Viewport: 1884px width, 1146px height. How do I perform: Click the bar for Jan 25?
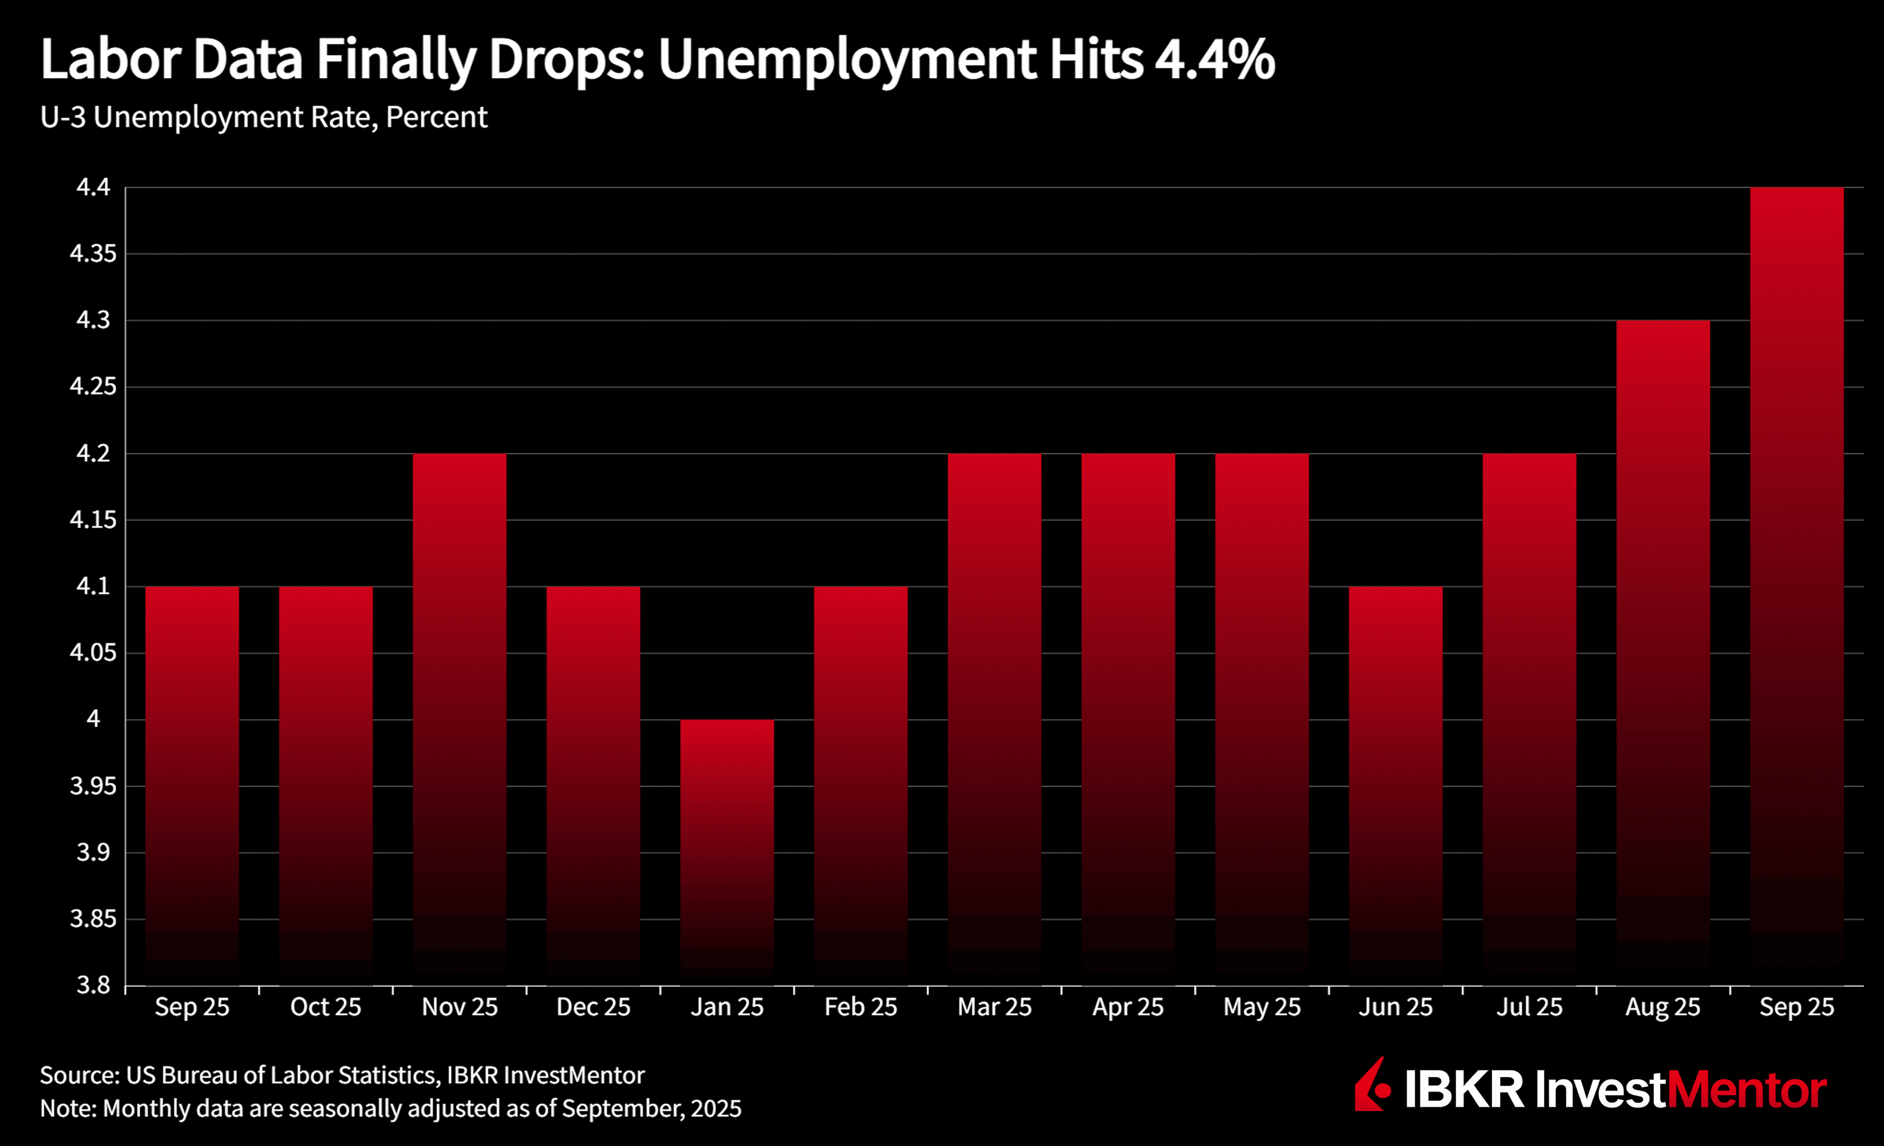coord(727,849)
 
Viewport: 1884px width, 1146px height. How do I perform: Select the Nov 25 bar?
coord(460,719)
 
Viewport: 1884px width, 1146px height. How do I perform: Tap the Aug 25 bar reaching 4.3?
coord(1663,650)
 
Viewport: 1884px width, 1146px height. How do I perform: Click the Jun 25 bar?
coord(1395,783)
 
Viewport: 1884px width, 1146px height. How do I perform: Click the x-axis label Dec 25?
coord(593,1007)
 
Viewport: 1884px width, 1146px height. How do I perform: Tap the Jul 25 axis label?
coord(1529,1007)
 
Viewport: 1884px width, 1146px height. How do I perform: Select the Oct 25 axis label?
coord(326,1007)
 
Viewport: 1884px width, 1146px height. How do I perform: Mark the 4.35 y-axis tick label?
coord(93,254)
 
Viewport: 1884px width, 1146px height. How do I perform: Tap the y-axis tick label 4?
coord(93,719)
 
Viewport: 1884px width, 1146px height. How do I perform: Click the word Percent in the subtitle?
coord(437,117)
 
